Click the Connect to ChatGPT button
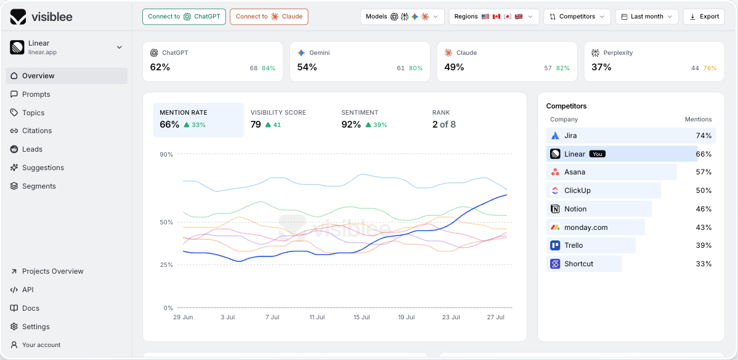click(x=184, y=17)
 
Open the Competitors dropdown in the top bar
click(x=577, y=17)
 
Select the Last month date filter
click(x=647, y=17)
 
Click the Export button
click(x=704, y=17)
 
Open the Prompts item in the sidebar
click(x=36, y=94)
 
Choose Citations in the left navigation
click(x=37, y=131)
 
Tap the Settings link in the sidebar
click(x=36, y=327)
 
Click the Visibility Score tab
click(x=278, y=120)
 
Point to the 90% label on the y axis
click(x=166, y=154)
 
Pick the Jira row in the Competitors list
click(x=631, y=136)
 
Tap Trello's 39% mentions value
click(x=704, y=245)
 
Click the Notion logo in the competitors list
click(x=555, y=209)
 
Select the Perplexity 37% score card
click(x=654, y=62)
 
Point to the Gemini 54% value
click(x=307, y=67)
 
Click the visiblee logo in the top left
click(x=41, y=17)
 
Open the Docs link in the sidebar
click(x=31, y=308)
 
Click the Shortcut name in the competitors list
click(x=579, y=264)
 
